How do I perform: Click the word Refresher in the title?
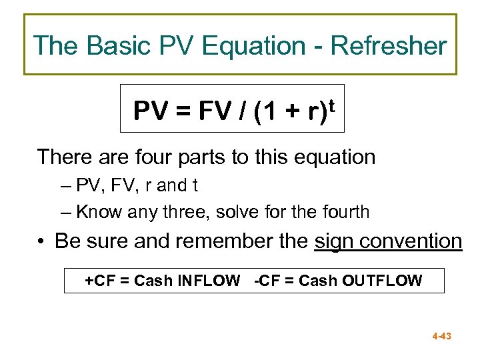tap(389, 46)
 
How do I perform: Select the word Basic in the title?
tap(122, 46)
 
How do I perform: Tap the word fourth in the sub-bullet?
tap(345, 212)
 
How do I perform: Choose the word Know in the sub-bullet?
tap(95, 212)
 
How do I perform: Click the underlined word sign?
tap(335, 241)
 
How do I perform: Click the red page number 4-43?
tap(441, 336)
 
